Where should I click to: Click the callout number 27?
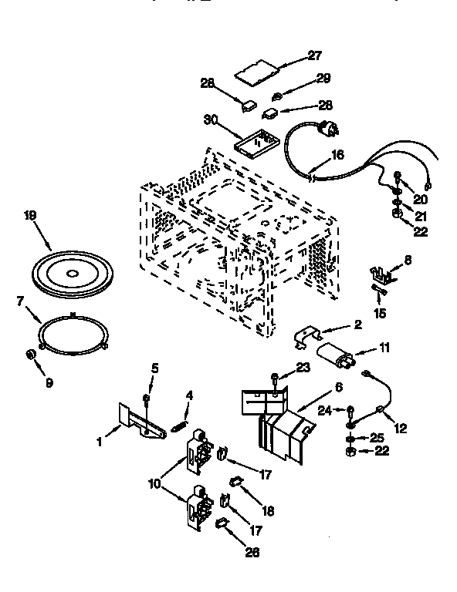[314, 56]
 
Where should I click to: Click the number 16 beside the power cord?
[337, 155]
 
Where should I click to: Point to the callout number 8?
[408, 260]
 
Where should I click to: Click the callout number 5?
[154, 368]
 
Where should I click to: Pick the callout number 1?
[99, 442]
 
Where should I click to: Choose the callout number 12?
[401, 428]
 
